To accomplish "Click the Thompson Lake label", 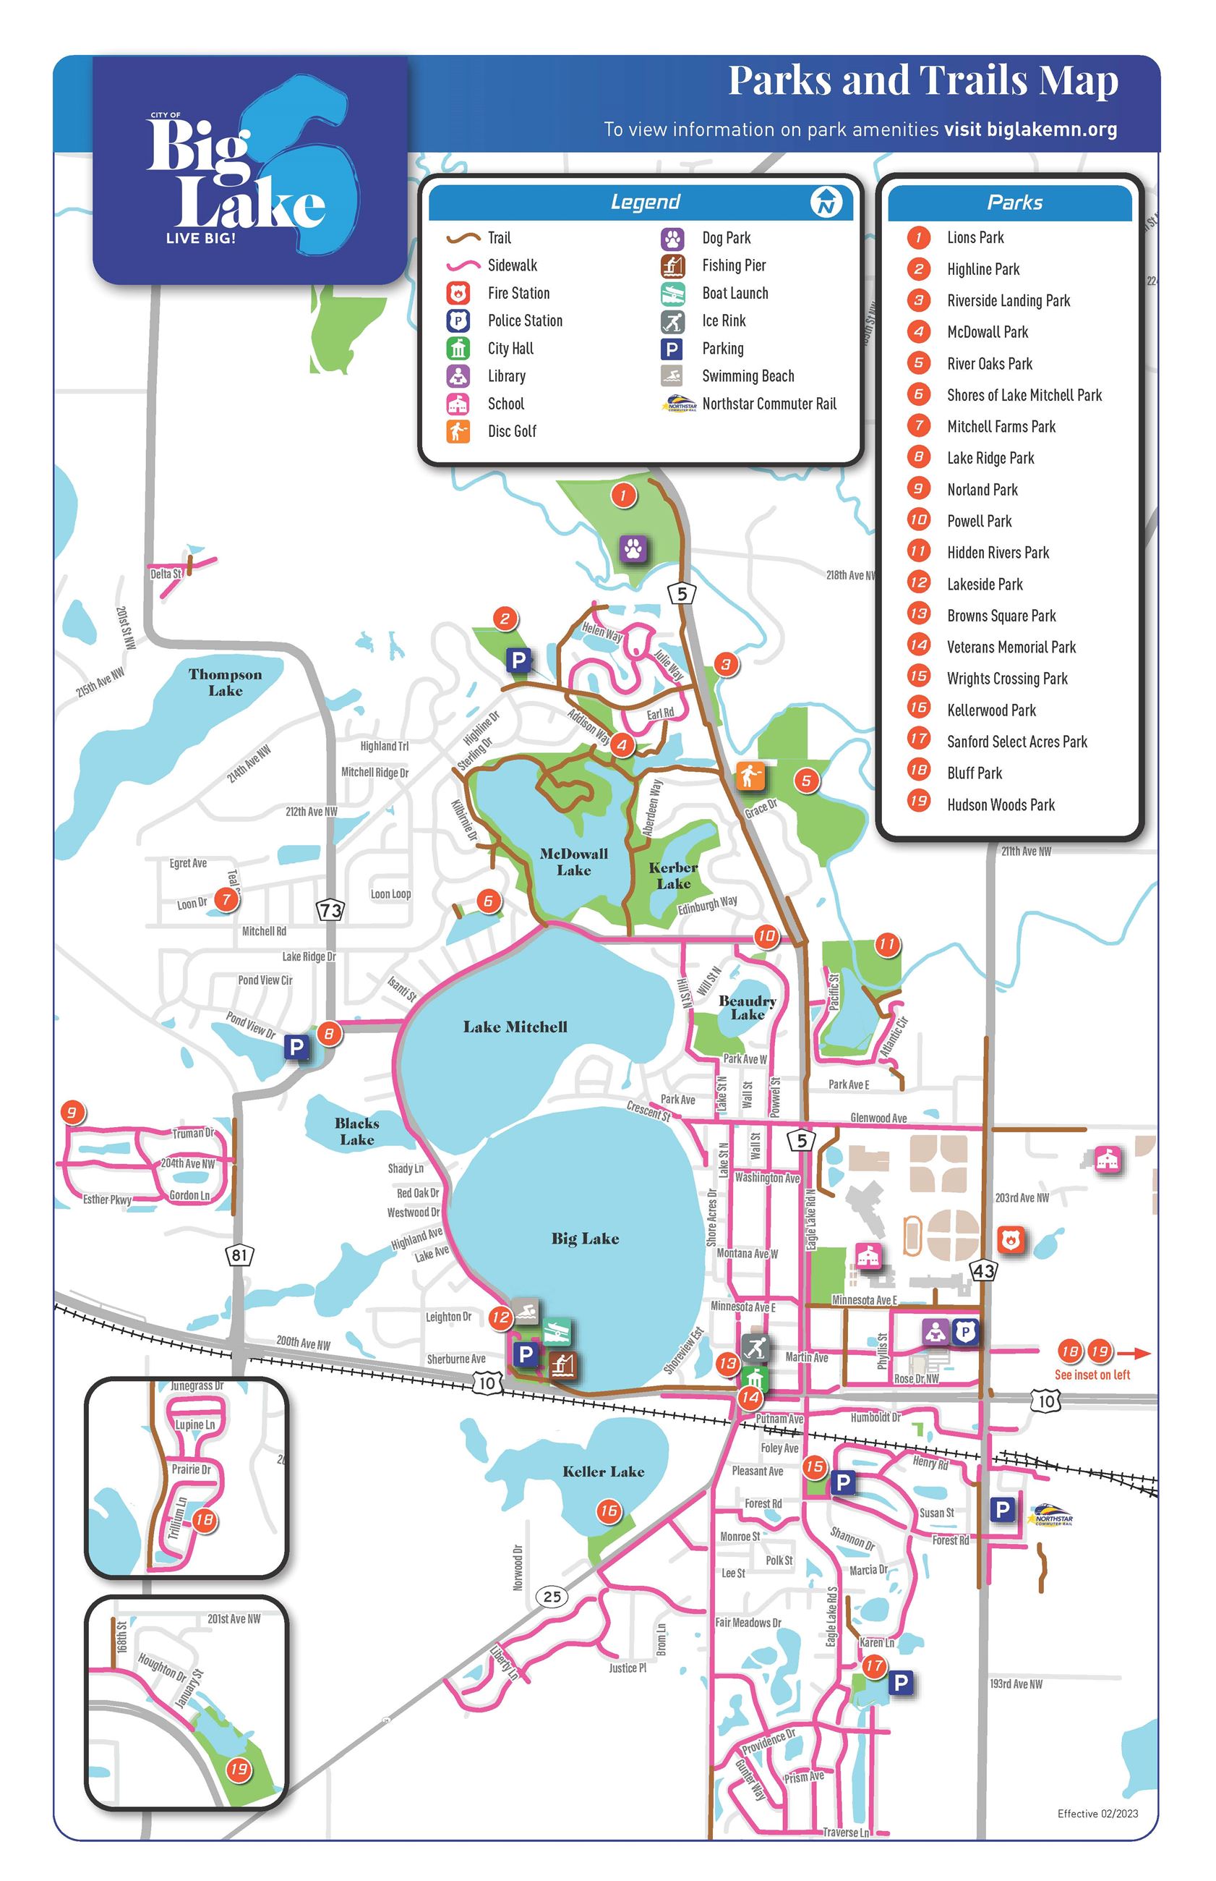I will coord(225,682).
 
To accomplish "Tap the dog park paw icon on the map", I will coord(633,548).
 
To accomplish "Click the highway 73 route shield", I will coord(330,910).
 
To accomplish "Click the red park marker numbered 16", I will coord(608,1511).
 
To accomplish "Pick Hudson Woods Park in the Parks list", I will coord(1001,804).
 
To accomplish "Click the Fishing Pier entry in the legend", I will coord(734,266).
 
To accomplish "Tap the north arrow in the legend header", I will coord(826,203).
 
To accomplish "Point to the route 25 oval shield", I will coord(552,1596).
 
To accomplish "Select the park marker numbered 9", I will coord(72,1113).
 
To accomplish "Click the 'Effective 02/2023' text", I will coord(1097,1813).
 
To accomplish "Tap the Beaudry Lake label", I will coord(747,1007).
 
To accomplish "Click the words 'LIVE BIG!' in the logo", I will coord(200,238).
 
